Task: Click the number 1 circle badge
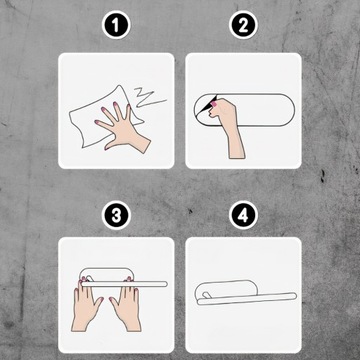coord(116,25)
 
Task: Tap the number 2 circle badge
coord(243,25)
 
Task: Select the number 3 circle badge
coord(116,215)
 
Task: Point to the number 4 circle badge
coord(243,215)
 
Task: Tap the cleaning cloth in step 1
coord(103,117)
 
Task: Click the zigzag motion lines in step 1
coord(149,97)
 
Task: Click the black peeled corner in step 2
coord(209,104)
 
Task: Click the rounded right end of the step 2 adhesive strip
coord(287,110)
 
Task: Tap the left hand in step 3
coord(87,304)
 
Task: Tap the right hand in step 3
coord(127,304)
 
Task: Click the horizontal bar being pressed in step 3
coord(124,284)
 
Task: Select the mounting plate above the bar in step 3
coord(107,274)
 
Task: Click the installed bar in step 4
coord(247,298)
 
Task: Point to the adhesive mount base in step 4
coord(226,289)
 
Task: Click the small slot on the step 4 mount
coord(206,294)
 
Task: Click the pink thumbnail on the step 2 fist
coord(214,105)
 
